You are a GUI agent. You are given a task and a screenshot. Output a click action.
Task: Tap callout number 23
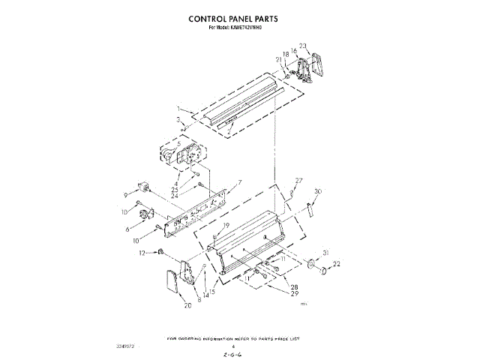tap(303, 46)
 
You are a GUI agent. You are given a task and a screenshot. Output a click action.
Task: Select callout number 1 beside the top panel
tap(178, 109)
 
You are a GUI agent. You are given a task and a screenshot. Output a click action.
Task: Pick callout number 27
tap(298, 181)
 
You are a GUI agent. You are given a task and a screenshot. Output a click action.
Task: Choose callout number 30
tap(318, 192)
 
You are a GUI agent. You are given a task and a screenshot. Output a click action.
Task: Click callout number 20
tap(187, 305)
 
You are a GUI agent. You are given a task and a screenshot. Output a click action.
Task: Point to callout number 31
tap(325, 252)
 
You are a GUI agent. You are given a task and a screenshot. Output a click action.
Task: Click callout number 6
tap(128, 229)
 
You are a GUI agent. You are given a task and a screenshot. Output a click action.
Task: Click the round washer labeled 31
tap(310, 263)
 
